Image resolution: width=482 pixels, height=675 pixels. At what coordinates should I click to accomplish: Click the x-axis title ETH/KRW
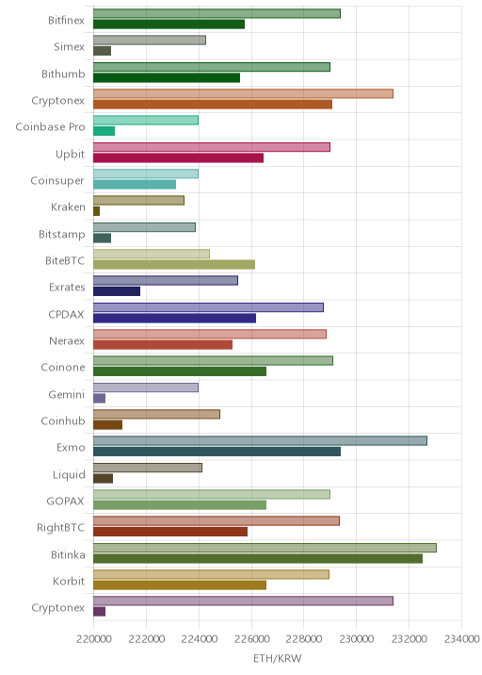pyautogui.click(x=278, y=658)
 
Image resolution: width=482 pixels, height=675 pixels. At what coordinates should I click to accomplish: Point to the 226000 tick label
pyautogui.click(x=251, y=639)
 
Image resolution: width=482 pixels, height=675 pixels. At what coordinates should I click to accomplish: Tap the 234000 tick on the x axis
pyautogui.click(x=462, y=639)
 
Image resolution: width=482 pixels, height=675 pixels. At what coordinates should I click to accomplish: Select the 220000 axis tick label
pyautogui.click(x=94, y=639)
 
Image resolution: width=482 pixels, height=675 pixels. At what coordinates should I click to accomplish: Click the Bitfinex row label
pyautogui.click(x=66, y=20)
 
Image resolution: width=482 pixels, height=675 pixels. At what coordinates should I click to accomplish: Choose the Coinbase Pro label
pyautogui.click(x=50, y=127)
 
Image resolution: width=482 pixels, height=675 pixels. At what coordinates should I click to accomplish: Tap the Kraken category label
pyautogui.click(x=68, y=207)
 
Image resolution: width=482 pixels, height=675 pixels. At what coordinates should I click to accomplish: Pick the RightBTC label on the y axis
pyautogui.click(x=60, y=527)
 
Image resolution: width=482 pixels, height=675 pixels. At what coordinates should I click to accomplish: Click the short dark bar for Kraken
pyautogui.click(x=96, y=211)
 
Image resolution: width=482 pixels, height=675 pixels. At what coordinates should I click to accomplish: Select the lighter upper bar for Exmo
pyautogui.click(x=260, y=441)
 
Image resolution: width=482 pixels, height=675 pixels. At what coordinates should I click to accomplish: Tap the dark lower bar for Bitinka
pyautogui.click(x=258, y=558)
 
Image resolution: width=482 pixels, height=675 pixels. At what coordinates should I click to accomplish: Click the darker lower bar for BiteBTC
pyautogui.click(x=174, y=264)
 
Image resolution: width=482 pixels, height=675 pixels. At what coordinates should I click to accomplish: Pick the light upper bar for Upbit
pyautogui.click(x=212, y=147)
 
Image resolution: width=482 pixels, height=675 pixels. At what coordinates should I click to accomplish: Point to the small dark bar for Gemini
pyautogui.click(x=100, y=398)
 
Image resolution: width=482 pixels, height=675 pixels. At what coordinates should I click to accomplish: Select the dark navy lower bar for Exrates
pyautogui.click(x=117, y=291)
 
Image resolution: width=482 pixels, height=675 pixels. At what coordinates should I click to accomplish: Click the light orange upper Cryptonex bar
pyautogui.click(x=244, y=93)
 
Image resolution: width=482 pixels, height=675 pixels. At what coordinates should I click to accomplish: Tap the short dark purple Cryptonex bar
pyautogui.click(x=100, y=612)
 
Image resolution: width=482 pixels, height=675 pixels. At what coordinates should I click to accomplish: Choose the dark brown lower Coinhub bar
pyautogui.click(x=108, y=425)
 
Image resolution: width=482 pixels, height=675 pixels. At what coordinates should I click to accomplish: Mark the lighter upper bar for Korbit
pyautogui.click(x=211, y=574)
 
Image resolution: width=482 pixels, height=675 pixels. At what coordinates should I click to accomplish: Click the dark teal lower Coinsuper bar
pyautogui.click(x=135, y=184)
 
